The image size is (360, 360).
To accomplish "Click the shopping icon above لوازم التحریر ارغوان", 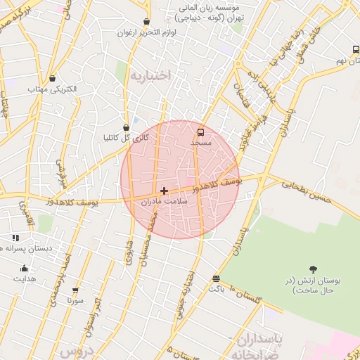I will pos(146,22).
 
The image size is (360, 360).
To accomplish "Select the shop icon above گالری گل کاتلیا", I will pos(126,127).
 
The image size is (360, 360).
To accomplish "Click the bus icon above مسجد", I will pos(201,131).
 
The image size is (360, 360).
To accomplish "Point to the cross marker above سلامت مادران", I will pos(165,191).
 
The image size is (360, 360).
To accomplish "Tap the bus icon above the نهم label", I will pos(356,49).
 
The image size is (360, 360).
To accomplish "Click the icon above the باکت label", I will pos(216,278).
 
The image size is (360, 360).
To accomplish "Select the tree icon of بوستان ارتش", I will pos(312,269).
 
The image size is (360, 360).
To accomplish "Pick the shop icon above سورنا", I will pos(75,290).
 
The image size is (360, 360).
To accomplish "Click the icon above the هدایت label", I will pos(25,268).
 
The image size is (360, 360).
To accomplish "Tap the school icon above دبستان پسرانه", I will pos(15,238).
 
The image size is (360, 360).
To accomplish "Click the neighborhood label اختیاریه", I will pos(150,76).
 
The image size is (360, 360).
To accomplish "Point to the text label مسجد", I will pos(201,143).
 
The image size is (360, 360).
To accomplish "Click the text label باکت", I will pos(216,289).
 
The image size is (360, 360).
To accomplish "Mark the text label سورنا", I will pos(75,300).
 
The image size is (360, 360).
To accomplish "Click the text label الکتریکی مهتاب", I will pos(52,90).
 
